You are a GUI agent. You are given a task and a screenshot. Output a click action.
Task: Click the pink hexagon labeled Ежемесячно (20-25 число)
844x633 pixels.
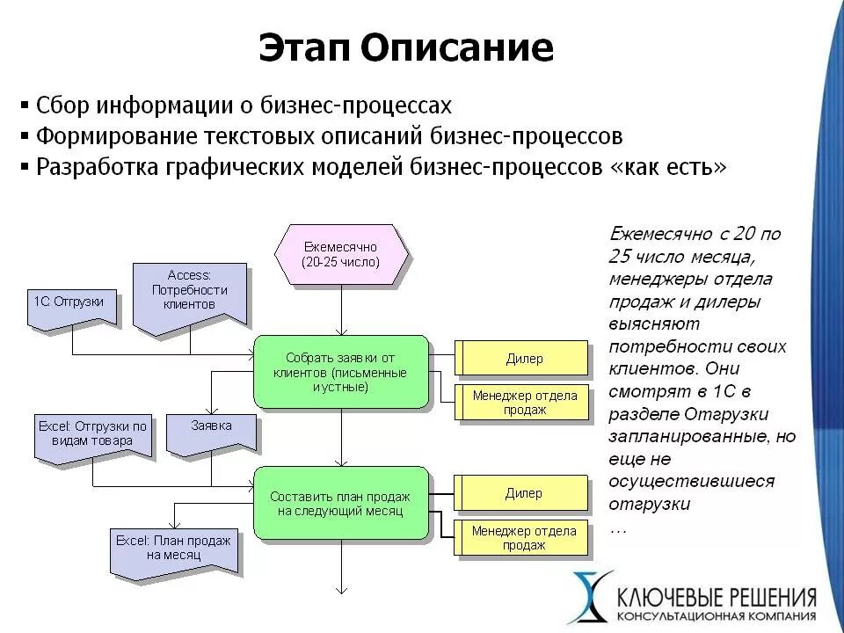point(340,255)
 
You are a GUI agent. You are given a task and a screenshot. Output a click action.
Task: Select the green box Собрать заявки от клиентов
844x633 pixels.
point(340,371)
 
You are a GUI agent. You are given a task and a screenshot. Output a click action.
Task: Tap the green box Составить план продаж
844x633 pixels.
point(340,503)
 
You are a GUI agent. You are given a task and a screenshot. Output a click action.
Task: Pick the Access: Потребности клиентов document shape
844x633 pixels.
point(189,294)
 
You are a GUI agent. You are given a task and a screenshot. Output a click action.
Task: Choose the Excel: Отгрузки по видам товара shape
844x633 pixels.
point(93,434)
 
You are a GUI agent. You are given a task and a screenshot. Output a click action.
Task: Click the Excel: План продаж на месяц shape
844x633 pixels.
point(173,549)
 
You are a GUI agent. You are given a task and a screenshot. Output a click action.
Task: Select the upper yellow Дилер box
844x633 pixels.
point(524,359)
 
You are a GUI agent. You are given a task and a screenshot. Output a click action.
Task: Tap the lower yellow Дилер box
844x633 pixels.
point(524,493)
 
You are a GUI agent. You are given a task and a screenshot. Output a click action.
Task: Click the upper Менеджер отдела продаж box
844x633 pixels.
point(524,403)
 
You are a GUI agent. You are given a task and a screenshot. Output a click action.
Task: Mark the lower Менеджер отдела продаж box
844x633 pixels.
point(524,537)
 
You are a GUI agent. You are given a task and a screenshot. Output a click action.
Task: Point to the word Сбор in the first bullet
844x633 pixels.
point(64,106)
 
